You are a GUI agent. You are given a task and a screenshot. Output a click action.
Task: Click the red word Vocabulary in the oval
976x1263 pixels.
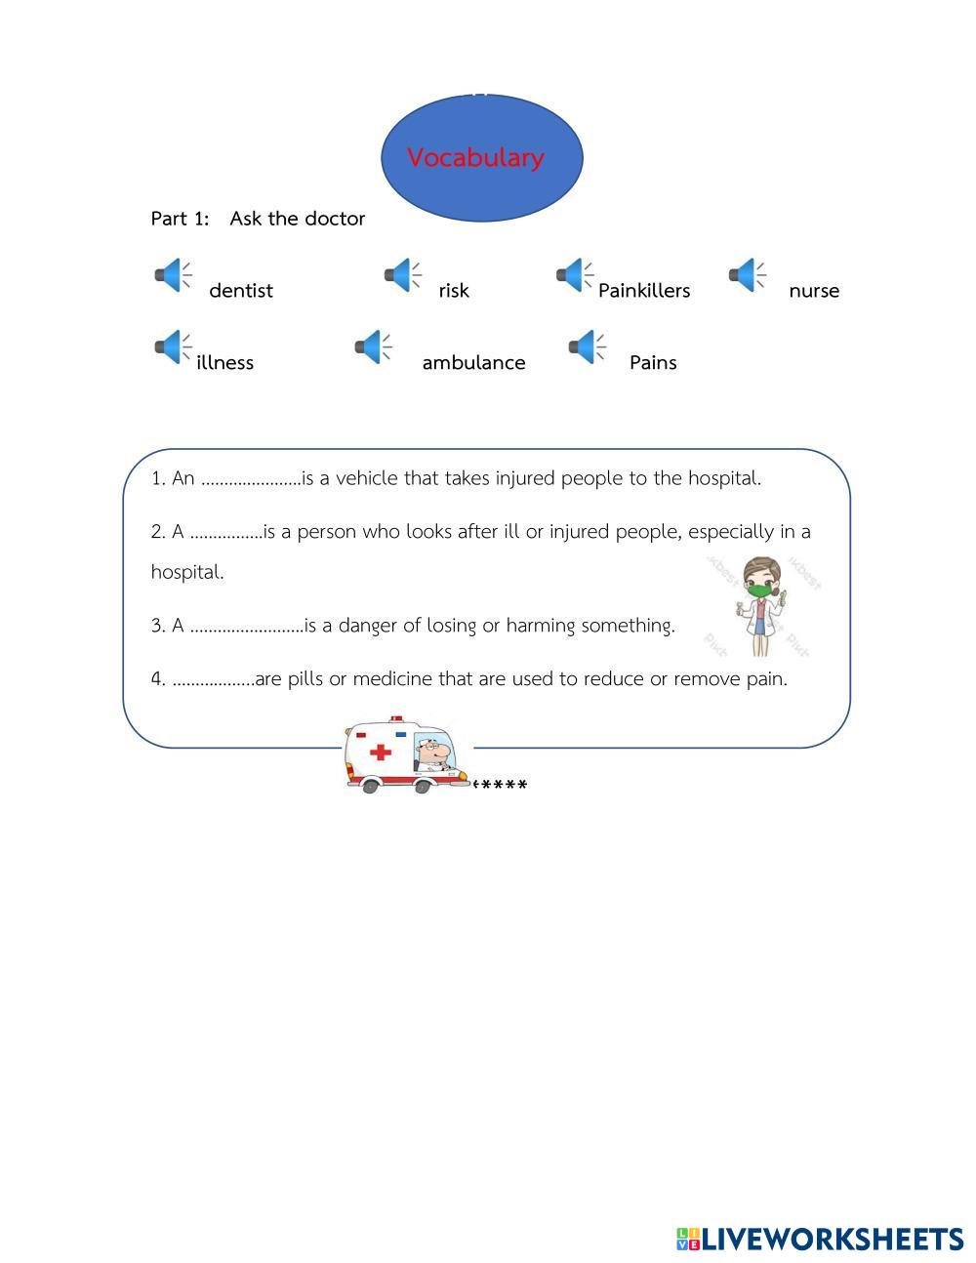tap(475, 158)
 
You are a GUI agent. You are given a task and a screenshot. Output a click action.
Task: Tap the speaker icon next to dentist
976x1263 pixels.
tap(172, 275)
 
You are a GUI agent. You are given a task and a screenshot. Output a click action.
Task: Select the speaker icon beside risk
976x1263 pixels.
tap(402, 275)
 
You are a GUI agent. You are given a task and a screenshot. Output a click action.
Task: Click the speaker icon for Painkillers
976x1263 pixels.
tap(575, 275)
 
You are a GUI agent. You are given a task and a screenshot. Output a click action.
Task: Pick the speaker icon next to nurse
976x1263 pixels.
tap(747, 275)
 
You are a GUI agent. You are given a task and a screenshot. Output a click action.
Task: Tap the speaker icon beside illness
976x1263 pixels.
tap(172, 346)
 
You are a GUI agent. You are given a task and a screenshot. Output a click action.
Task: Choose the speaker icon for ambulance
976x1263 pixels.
tap(373, 346)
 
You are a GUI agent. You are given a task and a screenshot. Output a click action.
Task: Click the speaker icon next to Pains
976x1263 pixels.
tap(586, 346)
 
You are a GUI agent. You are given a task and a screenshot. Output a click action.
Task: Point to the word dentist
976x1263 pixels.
tap(241, 291)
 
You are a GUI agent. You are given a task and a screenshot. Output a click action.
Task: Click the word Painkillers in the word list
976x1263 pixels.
tap(644, 291)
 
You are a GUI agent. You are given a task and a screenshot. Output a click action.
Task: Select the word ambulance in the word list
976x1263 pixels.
tap(473, 363)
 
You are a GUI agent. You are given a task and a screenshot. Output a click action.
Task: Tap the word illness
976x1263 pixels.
tap(224, 363)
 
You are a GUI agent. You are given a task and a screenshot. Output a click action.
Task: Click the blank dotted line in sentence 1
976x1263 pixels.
tap(250, 480)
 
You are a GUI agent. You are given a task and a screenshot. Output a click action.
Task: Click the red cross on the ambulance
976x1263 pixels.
tap(381, 752)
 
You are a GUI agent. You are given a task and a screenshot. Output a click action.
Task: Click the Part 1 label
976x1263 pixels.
tap(181, 219)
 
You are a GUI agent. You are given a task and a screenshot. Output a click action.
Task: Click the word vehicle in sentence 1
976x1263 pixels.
tap(367, 478)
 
